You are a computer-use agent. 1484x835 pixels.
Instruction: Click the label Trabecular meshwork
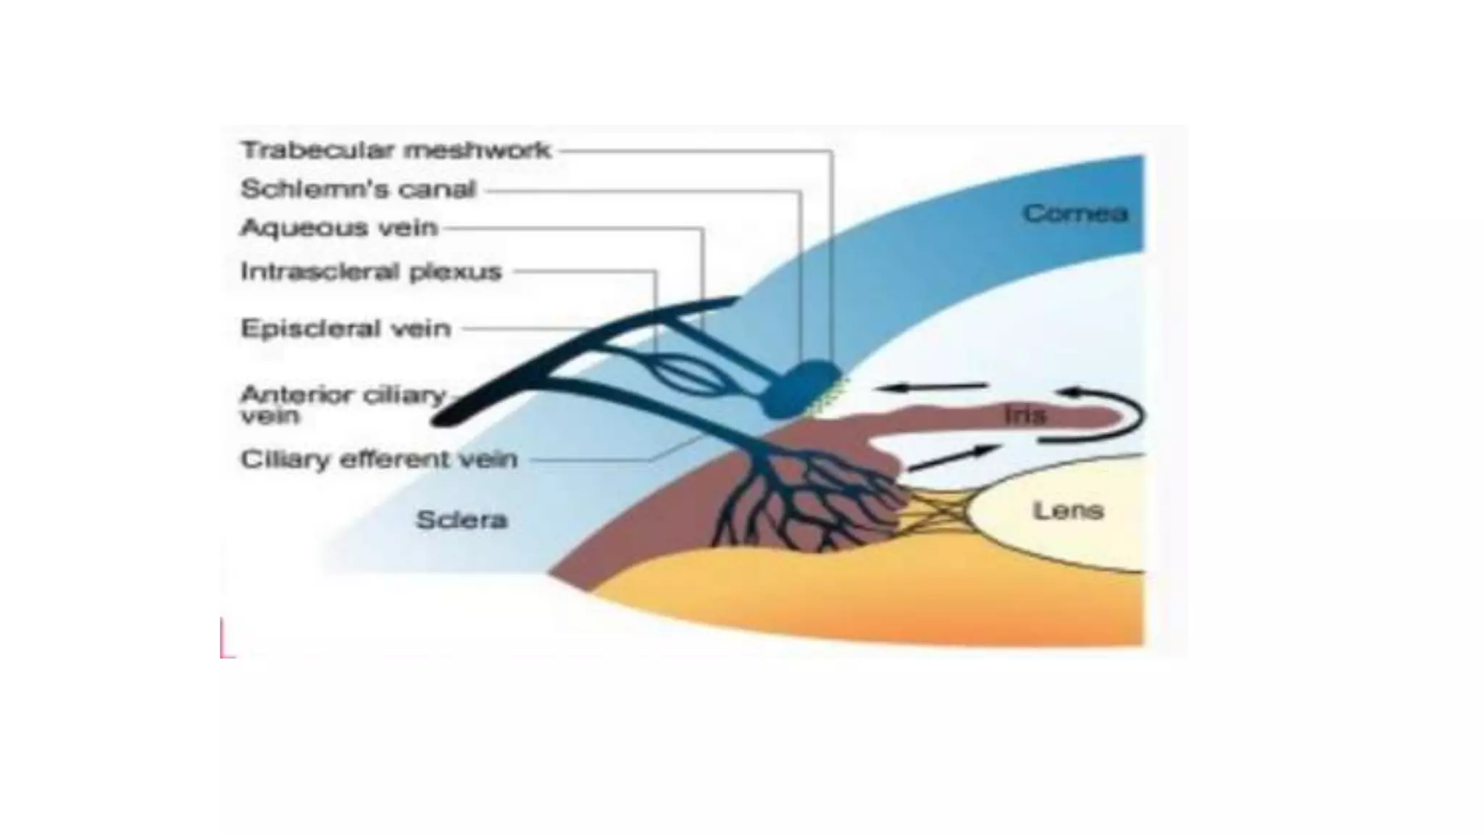(x=396, y=151)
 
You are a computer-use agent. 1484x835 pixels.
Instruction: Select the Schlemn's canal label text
(x=358, y=190)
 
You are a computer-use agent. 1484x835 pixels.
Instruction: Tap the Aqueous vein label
(x=339, y=228)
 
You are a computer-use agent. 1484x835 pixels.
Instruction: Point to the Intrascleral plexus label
(x=371, y=272)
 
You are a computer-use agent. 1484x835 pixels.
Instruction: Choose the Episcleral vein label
(x=346, y=329)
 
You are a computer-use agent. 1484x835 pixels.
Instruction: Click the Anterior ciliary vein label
(x=342, y=404)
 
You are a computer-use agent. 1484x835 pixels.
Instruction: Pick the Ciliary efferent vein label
(x=379, y=460)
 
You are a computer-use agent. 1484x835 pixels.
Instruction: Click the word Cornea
(x=1075, y=214)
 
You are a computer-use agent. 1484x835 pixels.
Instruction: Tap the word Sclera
(x=462, y=520)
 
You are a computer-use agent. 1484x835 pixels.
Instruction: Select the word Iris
(x=1025, y=415)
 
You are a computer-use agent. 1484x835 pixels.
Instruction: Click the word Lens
(x=1067, y=511)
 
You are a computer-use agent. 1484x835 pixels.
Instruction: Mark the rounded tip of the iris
(x=1112, y=417)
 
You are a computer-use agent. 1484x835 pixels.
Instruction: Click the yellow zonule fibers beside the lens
(x=935, y=511)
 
